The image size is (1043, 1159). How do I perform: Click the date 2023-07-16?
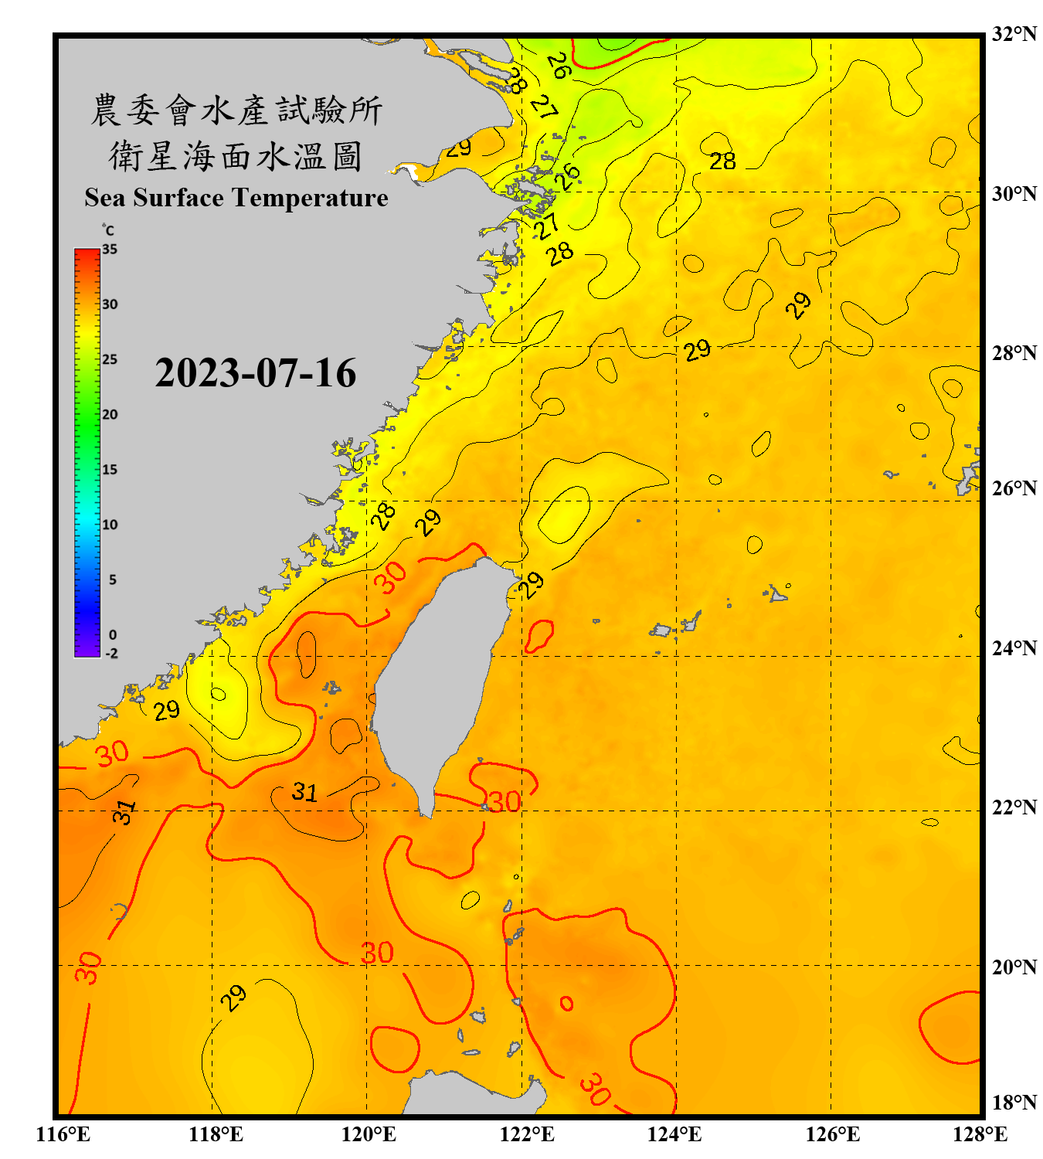coord(256,373)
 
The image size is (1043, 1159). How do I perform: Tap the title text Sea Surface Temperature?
coord(236,198)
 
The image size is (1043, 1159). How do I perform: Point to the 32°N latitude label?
coord(1014,34)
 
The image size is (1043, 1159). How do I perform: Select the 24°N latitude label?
coord(1014,647)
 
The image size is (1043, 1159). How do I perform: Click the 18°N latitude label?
coord(1014,1103)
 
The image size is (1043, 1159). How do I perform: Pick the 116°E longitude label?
coord(63,1134)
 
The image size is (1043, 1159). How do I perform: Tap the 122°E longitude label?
coord(527,1134)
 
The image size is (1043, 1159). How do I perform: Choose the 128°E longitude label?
coord(980,1134)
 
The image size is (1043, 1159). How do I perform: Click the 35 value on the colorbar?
coord(110,250)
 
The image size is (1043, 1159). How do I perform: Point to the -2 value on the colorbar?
coord(111,654)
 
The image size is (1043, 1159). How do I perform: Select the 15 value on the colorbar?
coord(110,470)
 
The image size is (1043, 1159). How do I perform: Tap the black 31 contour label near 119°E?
coord(304,792)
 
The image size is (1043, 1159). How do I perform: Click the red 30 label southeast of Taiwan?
coord(505,802)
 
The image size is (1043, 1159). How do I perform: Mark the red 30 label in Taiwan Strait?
coord(391,577)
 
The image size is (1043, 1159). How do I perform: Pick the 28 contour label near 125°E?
coord(722,161)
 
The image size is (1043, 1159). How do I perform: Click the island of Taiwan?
coord(437,680)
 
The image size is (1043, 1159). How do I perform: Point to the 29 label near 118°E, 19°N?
coord(233,998)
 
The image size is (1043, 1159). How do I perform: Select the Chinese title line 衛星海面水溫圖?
coord(236,157)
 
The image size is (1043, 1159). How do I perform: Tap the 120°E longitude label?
coord(369,1134)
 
